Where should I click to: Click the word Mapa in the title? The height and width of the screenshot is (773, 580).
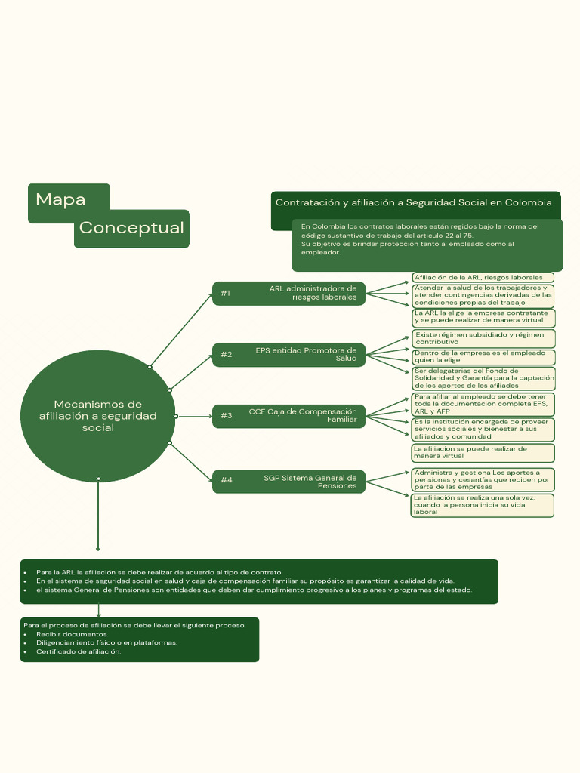(60, 200)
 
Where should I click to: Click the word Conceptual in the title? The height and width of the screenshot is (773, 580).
(131, 228)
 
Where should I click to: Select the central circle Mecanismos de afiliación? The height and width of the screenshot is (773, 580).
(98, 416)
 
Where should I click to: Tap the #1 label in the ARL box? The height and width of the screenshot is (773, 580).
(225, 293)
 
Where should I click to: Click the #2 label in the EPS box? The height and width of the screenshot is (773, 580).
(226, 355)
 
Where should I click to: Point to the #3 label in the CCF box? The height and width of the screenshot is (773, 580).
(226, 416)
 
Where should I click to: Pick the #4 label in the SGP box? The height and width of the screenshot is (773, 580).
(226, 480)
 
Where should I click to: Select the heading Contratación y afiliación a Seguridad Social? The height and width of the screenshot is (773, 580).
(413, 202)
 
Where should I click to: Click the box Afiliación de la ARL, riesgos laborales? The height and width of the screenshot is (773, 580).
(483, 278)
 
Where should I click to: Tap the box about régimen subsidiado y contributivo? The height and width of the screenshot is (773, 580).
(483, 338)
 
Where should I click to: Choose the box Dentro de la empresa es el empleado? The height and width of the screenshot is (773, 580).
(483, 356)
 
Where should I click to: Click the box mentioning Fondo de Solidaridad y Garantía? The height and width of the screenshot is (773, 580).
(483, 378)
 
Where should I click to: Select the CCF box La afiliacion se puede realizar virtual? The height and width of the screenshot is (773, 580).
(483, 452)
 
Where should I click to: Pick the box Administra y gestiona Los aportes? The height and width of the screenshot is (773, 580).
(483, 479)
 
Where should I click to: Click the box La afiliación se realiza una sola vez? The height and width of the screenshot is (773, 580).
(483, 505)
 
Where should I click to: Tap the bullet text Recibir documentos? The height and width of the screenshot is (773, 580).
(72, 634)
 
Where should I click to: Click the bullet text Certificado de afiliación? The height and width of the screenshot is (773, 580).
(78, 651)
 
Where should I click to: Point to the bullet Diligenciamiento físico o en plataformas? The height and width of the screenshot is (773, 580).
(106, 642)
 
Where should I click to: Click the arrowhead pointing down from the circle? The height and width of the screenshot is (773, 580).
(98, 549)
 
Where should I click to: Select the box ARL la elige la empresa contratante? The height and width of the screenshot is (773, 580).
(483, 316)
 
